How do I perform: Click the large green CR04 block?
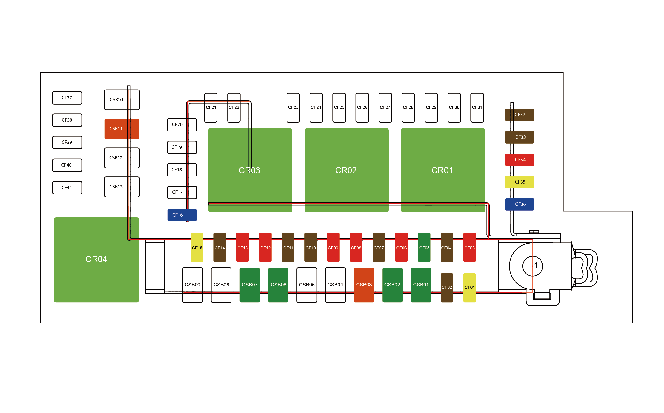point(96,259)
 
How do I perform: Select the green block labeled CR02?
point(346,170)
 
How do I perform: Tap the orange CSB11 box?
point(122,129)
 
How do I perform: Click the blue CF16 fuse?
point(182,215)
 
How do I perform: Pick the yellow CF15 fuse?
point(197,247)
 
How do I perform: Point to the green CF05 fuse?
point(424,247)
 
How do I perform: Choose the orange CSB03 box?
point(364,285)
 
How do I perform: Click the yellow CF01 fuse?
point(469,288)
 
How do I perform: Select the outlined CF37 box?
point(67,98)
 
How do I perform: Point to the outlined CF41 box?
point(67,188)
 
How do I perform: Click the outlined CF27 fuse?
point(385,108)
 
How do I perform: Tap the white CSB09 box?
point(193,285)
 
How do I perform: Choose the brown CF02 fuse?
point(447,288)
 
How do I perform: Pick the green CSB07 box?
point(250,285)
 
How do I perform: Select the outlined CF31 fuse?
point(477,108)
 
